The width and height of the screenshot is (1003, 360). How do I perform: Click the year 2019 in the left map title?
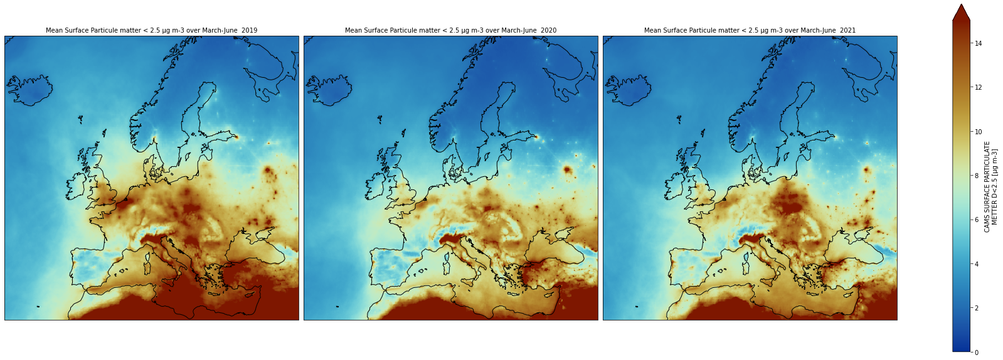point(249,30)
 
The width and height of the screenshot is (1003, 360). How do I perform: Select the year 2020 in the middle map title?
point(548,30)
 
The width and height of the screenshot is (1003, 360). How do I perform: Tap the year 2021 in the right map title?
point(847,30)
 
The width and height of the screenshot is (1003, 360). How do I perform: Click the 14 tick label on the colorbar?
point(978,43)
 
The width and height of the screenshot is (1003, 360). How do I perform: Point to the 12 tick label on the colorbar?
point(978,87)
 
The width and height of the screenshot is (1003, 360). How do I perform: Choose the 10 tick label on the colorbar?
point(978,132)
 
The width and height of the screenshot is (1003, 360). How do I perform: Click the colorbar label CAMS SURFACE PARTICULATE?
point(987,187)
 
